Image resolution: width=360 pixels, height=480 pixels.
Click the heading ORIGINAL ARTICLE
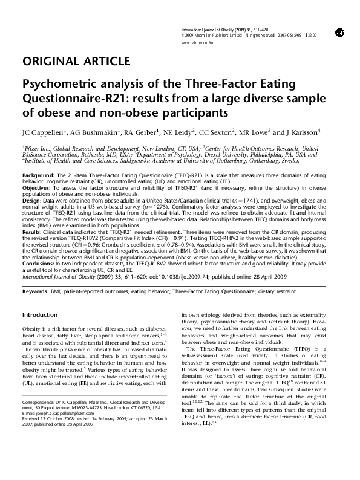(76, 61)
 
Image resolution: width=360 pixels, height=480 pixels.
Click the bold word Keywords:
(36, 292)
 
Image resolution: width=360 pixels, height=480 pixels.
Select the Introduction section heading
(39, 315)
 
